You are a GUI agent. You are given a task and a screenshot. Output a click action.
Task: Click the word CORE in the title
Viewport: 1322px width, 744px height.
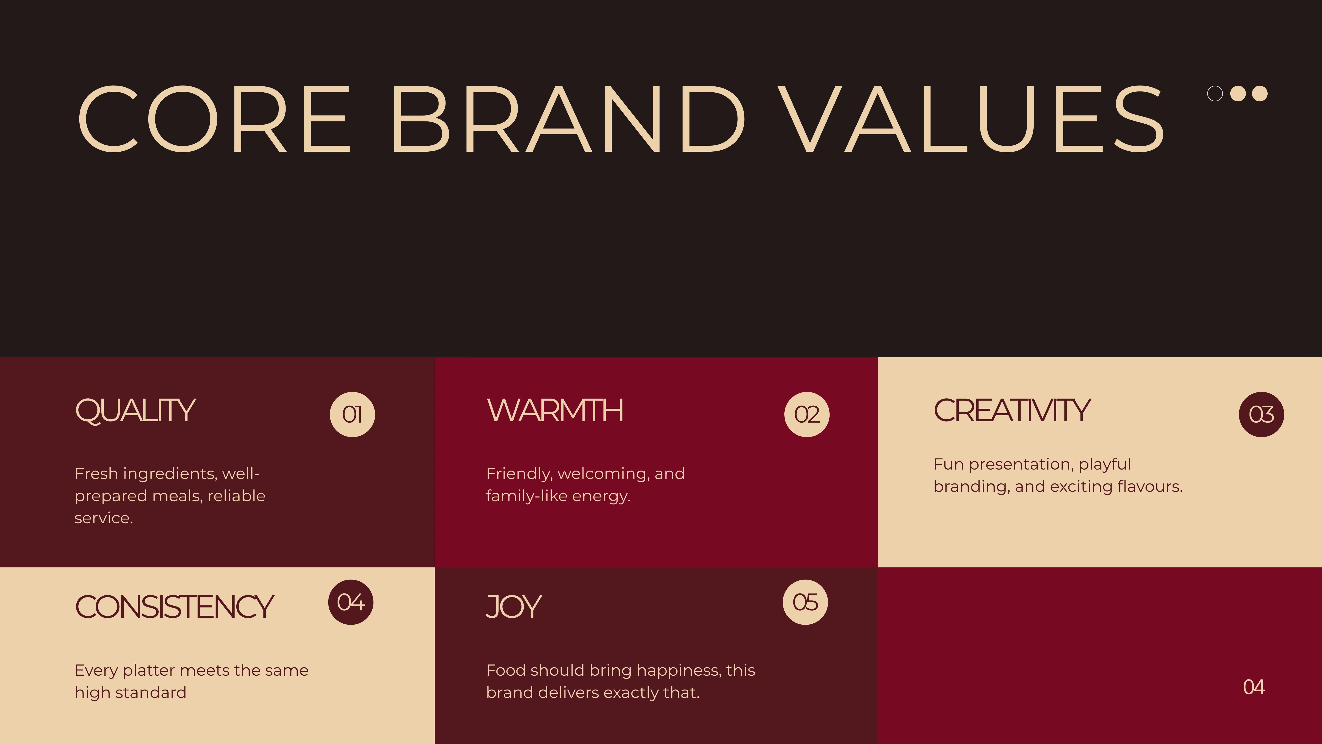click(x=214, y=119)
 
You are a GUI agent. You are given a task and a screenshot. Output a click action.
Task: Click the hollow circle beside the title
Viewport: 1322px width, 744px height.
click(x=1215, y=93)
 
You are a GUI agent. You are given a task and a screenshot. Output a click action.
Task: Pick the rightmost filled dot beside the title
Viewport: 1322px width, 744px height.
click(x=1259, y=93)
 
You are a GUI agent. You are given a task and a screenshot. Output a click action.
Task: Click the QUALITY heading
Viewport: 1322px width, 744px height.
click(x=135, y=411)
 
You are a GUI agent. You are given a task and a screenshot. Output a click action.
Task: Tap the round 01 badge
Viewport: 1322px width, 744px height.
click(x=352, y=414)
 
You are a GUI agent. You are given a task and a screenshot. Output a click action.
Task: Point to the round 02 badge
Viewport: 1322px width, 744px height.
click(x=807, y=414)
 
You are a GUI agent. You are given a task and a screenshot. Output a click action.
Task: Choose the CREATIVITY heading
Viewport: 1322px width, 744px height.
click(x=1012, y=411)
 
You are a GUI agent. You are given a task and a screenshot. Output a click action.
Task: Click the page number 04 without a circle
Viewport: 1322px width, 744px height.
click(x=1254, y=687)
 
